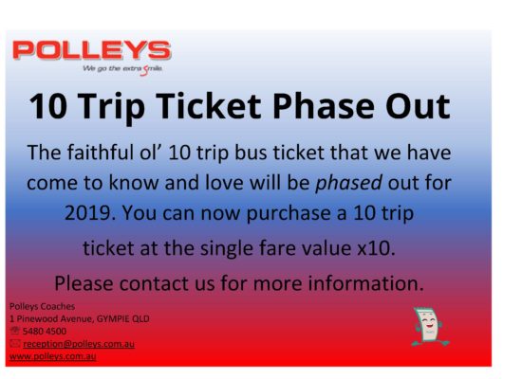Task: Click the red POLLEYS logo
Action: (x=91, y=50)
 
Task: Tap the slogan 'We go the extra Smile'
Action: (x=122, y=69)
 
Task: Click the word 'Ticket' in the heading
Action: (x=209, y=106)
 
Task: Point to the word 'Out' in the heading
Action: (x=419, y=106)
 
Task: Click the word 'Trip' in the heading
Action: (x=111, y=107)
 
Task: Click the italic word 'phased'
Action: (x=349, y=183)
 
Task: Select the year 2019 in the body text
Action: (x=90, y=213)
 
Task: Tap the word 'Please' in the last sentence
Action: (x=84, y=283)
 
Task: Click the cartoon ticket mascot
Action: (x=429, y=327)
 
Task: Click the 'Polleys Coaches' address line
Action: (x=43, y=307)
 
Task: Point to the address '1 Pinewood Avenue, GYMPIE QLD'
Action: (x=80, y=318)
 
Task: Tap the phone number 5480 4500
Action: (x=45, y=331)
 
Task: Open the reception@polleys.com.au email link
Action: (x=79, y=344)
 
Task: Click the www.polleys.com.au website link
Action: (x=53, y=356)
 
